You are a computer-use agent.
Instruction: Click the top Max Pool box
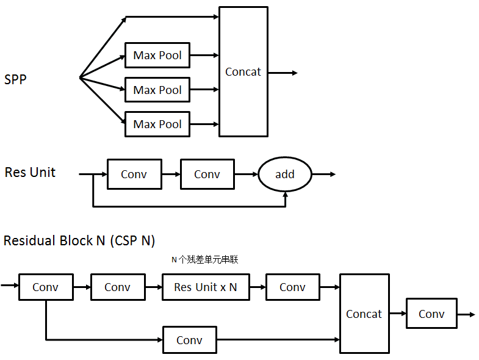point(157,56)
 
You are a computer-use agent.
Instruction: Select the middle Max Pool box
point(157,90)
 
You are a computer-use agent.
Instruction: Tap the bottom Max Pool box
point(157,124)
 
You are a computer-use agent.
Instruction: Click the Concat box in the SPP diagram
point(243,71)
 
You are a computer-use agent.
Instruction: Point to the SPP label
point(15,79)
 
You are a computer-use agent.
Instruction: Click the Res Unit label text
point(30,173)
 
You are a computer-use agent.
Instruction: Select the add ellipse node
point(284,175)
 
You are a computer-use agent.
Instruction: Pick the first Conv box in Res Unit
point(134,175)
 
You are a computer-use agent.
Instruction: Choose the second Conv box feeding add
point(207,175)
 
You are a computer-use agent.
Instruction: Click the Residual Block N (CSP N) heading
point(79,240)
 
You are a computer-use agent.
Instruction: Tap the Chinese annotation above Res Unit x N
point(204,260)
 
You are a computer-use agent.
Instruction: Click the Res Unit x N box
point(206,287)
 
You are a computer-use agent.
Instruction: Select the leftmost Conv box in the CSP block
point(46,287)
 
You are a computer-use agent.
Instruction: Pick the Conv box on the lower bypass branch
point(190,340)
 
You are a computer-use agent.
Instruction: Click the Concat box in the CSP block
point(364,314)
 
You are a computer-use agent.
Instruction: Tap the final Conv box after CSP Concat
point(431,314)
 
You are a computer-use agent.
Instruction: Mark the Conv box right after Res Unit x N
point(293,287)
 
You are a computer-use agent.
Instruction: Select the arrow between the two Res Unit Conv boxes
point(171,175)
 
